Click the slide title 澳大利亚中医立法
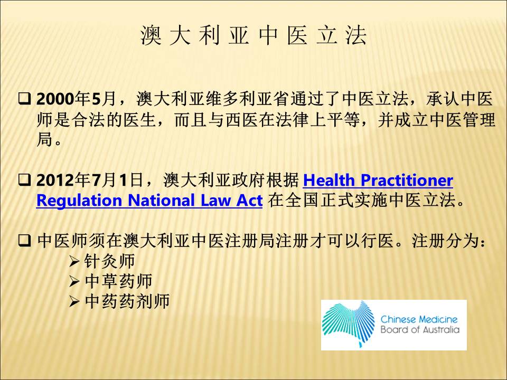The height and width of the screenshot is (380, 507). pyautogui.click(x=253, y=35)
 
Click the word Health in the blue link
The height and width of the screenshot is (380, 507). pyautogui.click(x=329, y=180)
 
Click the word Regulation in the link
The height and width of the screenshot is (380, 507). pyautogui.click(x=79, y=201)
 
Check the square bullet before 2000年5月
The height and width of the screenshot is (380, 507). pyautogui.click(x=25, y=99)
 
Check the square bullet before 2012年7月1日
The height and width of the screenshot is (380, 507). pyautogui.click(x=25, y=180)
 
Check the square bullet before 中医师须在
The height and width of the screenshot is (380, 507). pyautogui.click(x=25, y=241)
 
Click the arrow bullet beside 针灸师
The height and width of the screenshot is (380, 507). pyautogui.click(x=74, y=261)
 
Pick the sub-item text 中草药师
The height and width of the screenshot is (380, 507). pyautogui.click(x=118, y=281)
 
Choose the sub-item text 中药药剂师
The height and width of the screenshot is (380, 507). pyautogui.click(x=127, y=301)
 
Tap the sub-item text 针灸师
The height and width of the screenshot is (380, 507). pyautogui.click(x=110, y=261)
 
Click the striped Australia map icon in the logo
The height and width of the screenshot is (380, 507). pyautogui.click(x=348, y=324)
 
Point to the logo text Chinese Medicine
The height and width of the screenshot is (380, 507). pyautogui.click(x=419, y=320)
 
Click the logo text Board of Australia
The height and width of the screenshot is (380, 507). pyautogui.click(x=420, y=329)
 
